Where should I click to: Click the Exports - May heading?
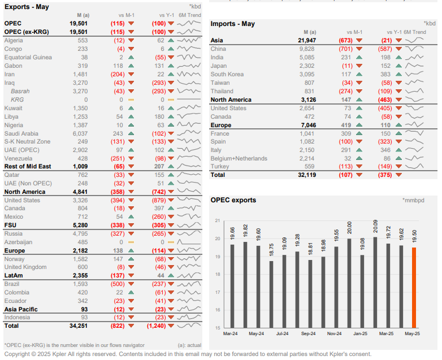[x=27, y=7]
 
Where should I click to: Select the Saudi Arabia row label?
[x=22, y=133]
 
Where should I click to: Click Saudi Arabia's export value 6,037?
[x=79, y=133]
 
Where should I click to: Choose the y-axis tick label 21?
[x=218, y=220]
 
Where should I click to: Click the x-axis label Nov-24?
[x=333, y=334]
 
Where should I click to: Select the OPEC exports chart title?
[x=233, y=200]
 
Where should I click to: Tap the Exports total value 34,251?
[x=79, y=326]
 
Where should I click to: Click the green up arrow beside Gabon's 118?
[x=131, y=66]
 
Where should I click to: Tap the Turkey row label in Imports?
[x=220, y=167]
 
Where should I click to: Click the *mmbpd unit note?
[x=413, y=201]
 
